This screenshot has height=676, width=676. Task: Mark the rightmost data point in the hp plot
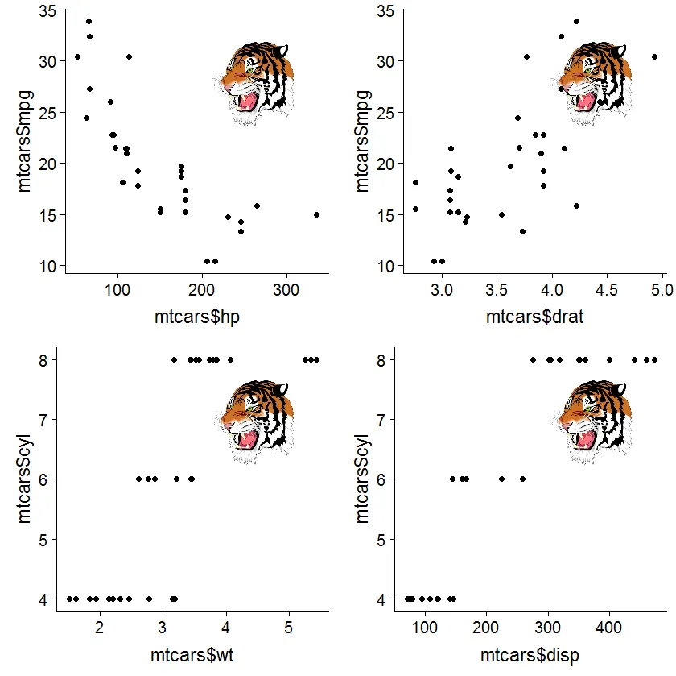316,214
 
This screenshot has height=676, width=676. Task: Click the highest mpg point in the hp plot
89,21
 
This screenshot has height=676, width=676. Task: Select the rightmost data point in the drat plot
654,56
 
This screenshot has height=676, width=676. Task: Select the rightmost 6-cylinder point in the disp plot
522,479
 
